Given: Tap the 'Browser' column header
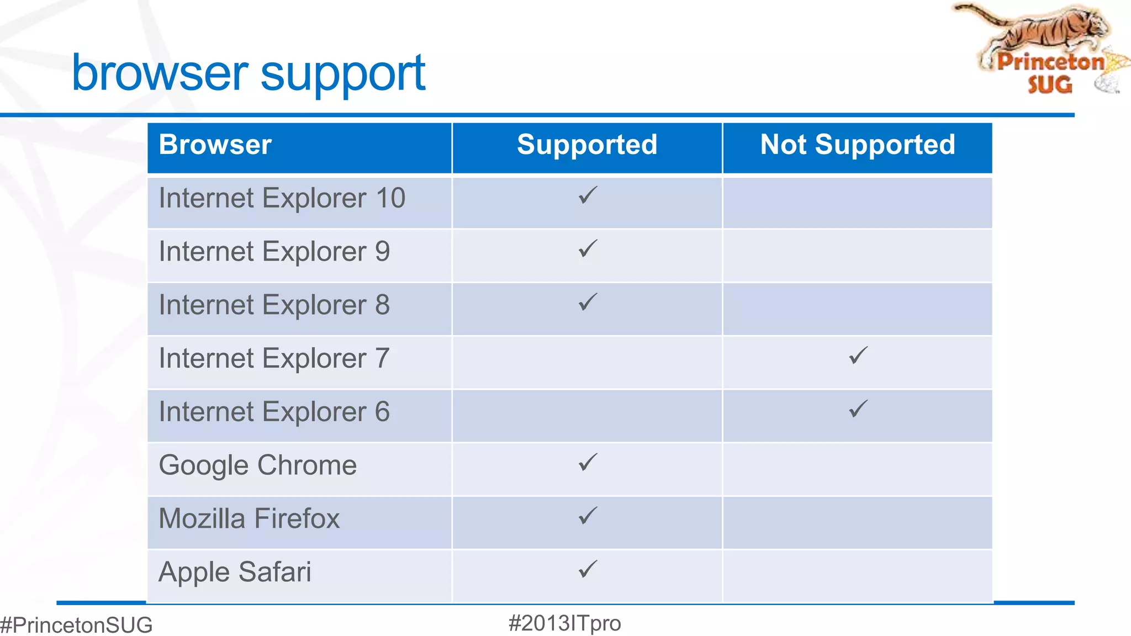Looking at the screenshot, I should [x=215, y=145].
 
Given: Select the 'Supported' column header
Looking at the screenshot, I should [x=587, y=145].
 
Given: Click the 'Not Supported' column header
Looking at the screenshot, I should [x=857, y=145].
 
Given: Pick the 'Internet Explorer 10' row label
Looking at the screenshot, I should [x=282, y=199].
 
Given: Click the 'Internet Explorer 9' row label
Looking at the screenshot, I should [x=274, y=252].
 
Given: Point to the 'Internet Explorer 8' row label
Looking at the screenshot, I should [x=274, y=305].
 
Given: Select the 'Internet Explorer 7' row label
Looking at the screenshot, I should [x=274, y=359].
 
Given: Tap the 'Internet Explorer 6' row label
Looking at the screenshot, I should [x=274, y=412].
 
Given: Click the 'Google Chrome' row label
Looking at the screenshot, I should [x=257, y=465].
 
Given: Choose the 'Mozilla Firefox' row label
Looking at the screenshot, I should [x=249, y=519].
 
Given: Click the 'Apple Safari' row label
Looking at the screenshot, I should [x=235, y=573].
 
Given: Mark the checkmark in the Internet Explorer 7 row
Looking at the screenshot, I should [x=858, y=356].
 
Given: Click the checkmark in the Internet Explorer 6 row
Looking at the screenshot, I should [x=858, y=409].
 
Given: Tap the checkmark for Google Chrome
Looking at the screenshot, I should [x=588, y=462].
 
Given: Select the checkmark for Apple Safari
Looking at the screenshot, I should [x=588, y=569].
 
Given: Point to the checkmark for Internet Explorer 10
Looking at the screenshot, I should [x=588, y=195].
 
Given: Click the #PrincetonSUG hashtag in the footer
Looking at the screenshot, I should [x=76, y=625].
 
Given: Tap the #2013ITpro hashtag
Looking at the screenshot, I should [x=564, y=623].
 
